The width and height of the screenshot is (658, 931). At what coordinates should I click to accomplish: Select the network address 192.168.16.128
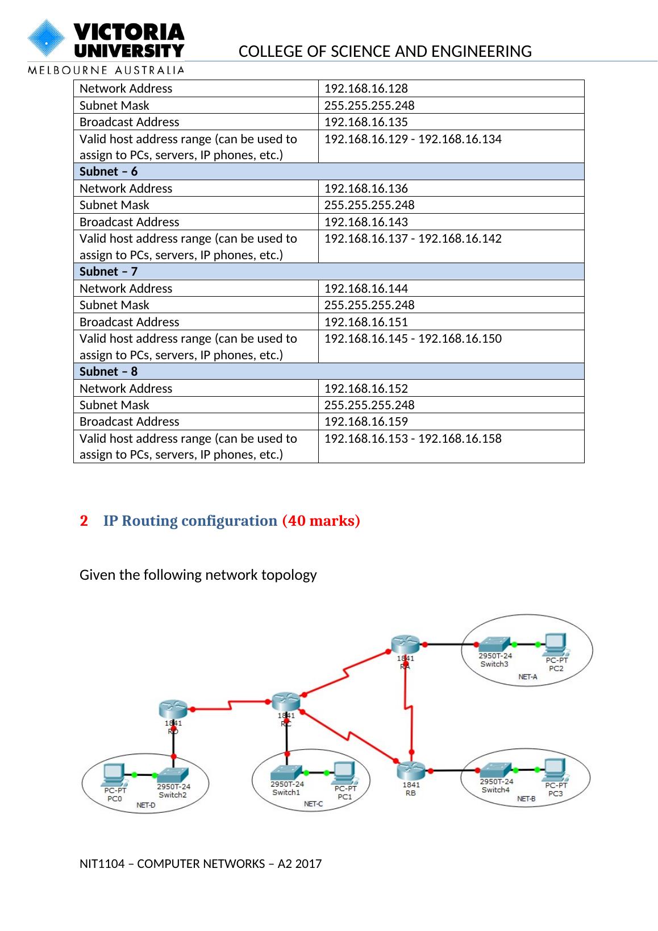pyautogui.click(x=366, y=89)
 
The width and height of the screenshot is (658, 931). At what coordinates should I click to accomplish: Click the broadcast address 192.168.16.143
pyautogui.click(x=366, y=222)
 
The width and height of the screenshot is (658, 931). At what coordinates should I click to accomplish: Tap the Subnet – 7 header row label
pyautogui.click(x=109, y=272)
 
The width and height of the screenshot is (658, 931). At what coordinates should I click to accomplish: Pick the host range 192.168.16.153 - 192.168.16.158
pyautogui.click(x=413, y=439)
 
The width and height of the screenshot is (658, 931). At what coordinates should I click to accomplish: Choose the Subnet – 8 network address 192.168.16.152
pyautogui.click(x=366, y=389)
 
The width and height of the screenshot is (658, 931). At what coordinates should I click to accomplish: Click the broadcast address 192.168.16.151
pyautogui.click(x=366, y=322)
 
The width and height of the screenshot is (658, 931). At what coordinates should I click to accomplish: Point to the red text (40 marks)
pyautogui.click(x=321, y=521)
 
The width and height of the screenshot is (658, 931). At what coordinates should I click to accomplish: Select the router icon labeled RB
pyautogui.click(x=410, y=771)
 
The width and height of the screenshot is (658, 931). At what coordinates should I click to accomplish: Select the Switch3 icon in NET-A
pyautogui.click(x=494, y=644)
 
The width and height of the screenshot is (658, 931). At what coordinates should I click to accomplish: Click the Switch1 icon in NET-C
pyautogui.click(x=286, y=772)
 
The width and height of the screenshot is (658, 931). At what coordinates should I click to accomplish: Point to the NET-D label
pyautogui.click(x=146, y=805)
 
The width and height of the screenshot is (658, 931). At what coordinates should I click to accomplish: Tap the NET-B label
pyautogui.click(x=526, y=799)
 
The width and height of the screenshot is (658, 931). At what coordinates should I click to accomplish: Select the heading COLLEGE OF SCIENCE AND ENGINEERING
pyautogui.click(x=385, y=52)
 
